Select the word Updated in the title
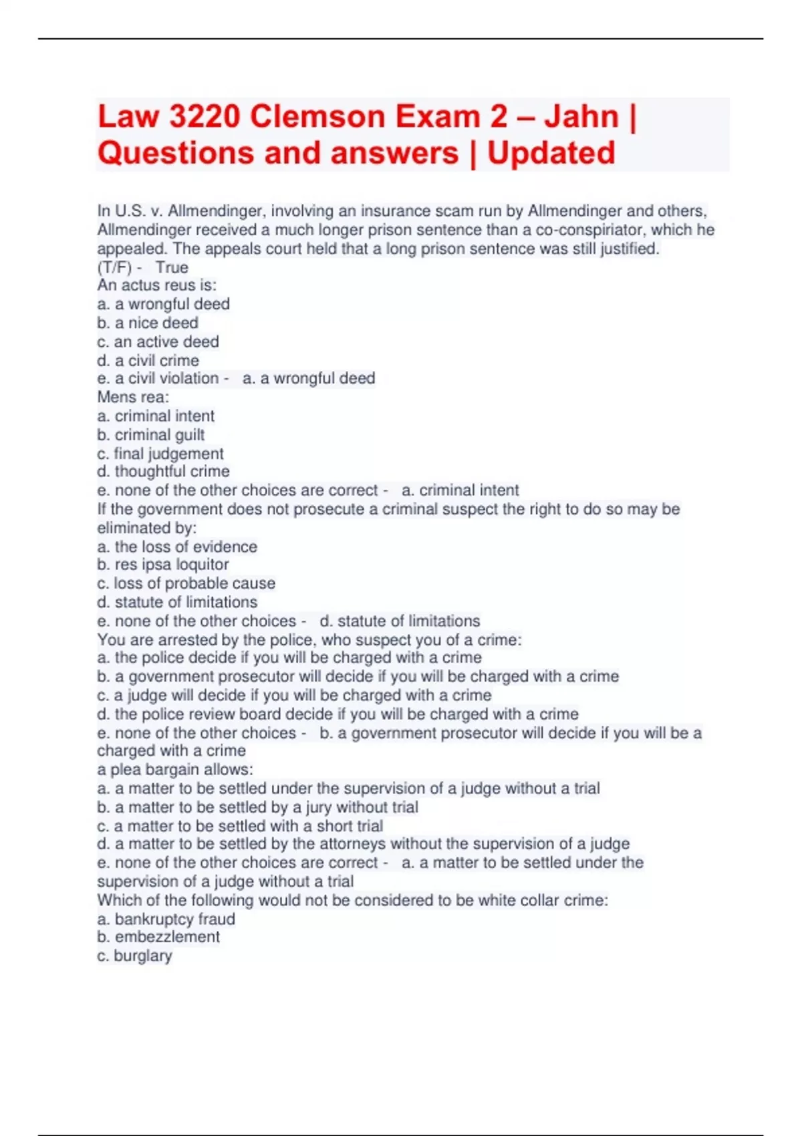(x=551, y=153)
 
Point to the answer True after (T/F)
(x=172, y=267)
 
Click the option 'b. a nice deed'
(x=148, y=323)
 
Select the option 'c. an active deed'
(x=158, y=341)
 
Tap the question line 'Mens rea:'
(x=133, y=397)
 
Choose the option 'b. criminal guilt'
(x=151, y=434)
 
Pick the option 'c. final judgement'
(x=160, y=453)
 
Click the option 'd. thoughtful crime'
(x=163, y=471)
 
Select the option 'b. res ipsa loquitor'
(x=163, y=565)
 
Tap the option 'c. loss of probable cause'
(x=186, y=583)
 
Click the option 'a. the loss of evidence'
(x=177, y=547)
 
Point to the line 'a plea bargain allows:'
(x=175, y=769)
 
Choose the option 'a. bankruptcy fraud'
(x=166, y=919)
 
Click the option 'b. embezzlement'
(x=158, y=937)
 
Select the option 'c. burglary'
(x=134, y=956)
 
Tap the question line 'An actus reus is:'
(x=157, y=285)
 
